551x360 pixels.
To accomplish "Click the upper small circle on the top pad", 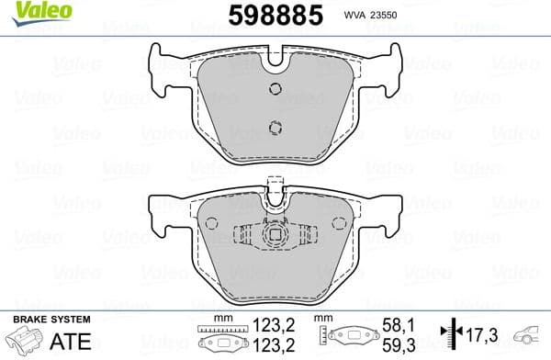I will coord(274,88).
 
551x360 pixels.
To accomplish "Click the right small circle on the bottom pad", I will coord(338,222).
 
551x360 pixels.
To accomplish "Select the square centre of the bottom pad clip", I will coord(274,235).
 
